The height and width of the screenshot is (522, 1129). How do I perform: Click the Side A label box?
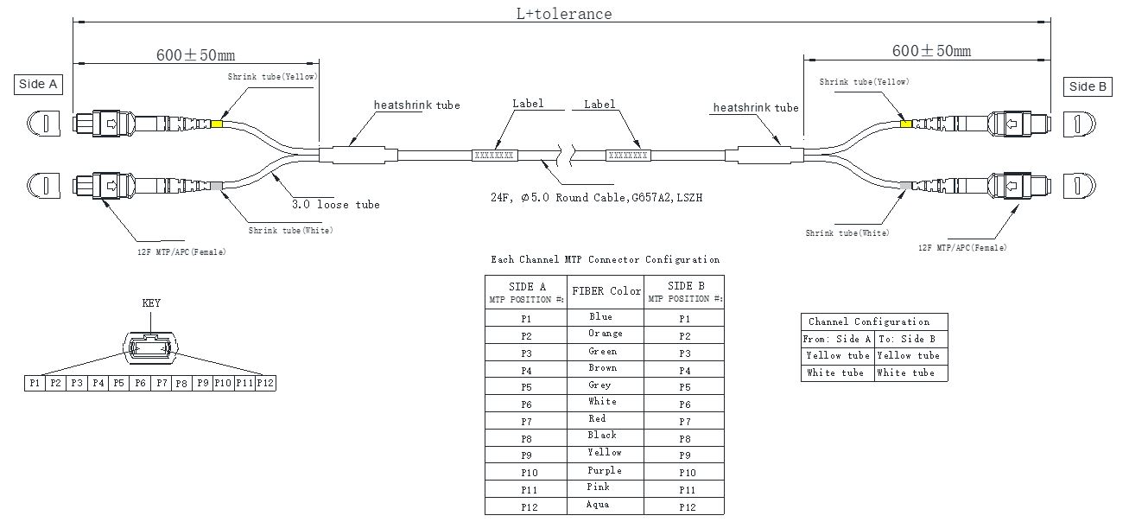click(38, 84)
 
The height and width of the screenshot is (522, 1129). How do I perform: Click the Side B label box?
click(1088, 86)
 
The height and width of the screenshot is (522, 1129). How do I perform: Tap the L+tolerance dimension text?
click(563, 14)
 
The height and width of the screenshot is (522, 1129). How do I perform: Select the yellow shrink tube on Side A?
click(216, 124)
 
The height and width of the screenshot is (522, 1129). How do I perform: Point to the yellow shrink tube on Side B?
click(905, 124)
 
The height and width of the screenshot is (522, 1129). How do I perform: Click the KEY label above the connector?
click(151, 303)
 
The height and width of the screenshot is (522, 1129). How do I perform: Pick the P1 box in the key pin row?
click(35, 382)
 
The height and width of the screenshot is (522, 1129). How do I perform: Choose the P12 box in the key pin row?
click(265, 382)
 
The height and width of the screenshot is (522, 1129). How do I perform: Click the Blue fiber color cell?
click(601, 317)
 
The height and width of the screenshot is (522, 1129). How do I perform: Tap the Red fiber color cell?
click(598, 419)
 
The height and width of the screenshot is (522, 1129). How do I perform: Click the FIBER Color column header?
click(605, 291)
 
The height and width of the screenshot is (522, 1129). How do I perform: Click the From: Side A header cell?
click(837, 339)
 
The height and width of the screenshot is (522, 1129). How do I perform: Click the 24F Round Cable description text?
click(596, 198)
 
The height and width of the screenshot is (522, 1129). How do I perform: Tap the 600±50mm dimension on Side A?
click(195, 55)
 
